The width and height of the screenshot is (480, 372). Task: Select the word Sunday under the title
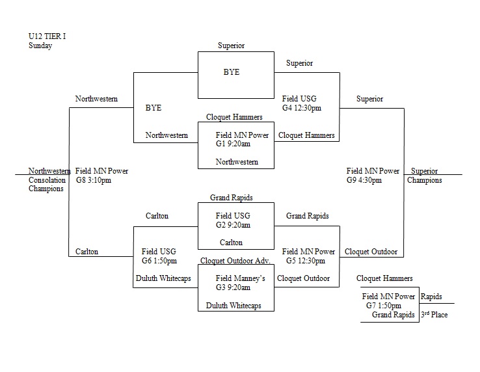[x=40, y=46]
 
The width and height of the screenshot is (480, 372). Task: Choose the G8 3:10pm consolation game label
[x=94, y=180]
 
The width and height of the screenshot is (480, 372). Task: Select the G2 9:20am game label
[x=233, y=225]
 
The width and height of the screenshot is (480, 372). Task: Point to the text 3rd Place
[x=434, y=315]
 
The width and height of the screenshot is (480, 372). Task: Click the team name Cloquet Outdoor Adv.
[x=235, y=260]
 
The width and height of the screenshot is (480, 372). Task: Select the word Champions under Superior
[x=424, y=180]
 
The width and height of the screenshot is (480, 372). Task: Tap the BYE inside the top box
[x=232, y=72]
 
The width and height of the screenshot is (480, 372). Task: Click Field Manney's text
[x=241, y=278]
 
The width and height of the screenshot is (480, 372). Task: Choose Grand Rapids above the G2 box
[x=231, y=197]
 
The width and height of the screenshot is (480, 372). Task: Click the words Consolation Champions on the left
[x=47, y=185]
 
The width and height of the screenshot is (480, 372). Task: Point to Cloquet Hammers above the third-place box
[x=384, y=278]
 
